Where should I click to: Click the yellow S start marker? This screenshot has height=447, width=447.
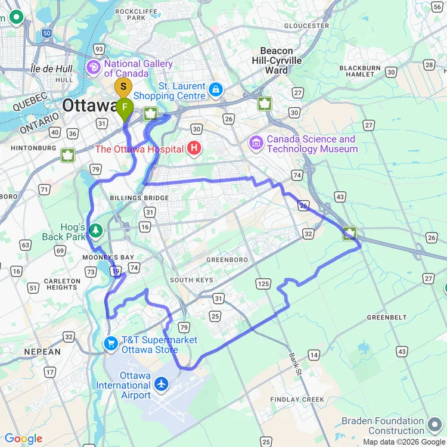pyautogui.click(x=123, y=87)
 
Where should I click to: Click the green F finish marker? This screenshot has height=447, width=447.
pyautogui.click(x=125, y=108)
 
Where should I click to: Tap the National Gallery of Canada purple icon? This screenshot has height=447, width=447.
pyautogui.click(x=94, y=68)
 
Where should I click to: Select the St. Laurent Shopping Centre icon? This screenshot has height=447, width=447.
pyautogui.click(x=215, y=91)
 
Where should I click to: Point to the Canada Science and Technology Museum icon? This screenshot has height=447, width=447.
pyautogui.click(x=256, y=143)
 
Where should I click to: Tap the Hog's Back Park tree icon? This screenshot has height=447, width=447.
pyautogui.click(x=95, y=230)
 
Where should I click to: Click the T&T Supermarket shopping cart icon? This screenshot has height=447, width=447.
pyautogui.click(x=111, y=343)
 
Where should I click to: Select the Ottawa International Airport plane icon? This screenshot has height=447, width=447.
pyautogui.click(x=161, y=384)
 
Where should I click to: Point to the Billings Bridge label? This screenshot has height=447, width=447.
pyautogui.click(x=139, y=198)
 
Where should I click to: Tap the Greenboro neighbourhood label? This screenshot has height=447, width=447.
pyautogui.click(x=226, y=260)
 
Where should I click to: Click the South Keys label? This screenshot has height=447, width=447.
pyautogui.click(x=190, y=280)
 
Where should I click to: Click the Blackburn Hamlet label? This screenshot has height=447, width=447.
pyautogui.click(x=360, y=72)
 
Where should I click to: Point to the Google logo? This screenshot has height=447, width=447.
pyautogui.click(x=24, y=439)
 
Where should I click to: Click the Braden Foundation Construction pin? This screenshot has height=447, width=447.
pyautogui.click(x=433, y=421)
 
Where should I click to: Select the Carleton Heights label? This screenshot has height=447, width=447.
pyautogui.click(x=62, y=284)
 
